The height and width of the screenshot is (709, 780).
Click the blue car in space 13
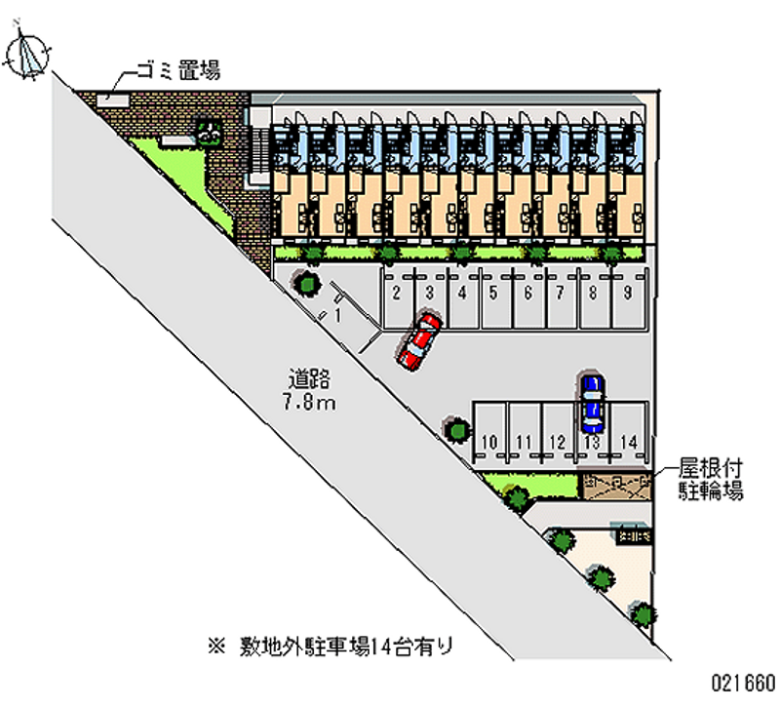coord(591,404)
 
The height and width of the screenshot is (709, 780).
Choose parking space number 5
coord(493,292)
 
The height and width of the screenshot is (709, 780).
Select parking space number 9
coord(628,292)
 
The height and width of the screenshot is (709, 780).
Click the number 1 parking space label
coord(337,316)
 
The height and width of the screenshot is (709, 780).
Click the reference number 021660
coord(743,681)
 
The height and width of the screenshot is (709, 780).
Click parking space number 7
coord(561,292)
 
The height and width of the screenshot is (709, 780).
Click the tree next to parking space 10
coord(455,428)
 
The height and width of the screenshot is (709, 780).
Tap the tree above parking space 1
coord(307,284)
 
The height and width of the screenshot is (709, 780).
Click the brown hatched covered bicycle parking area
coord(615,483)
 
